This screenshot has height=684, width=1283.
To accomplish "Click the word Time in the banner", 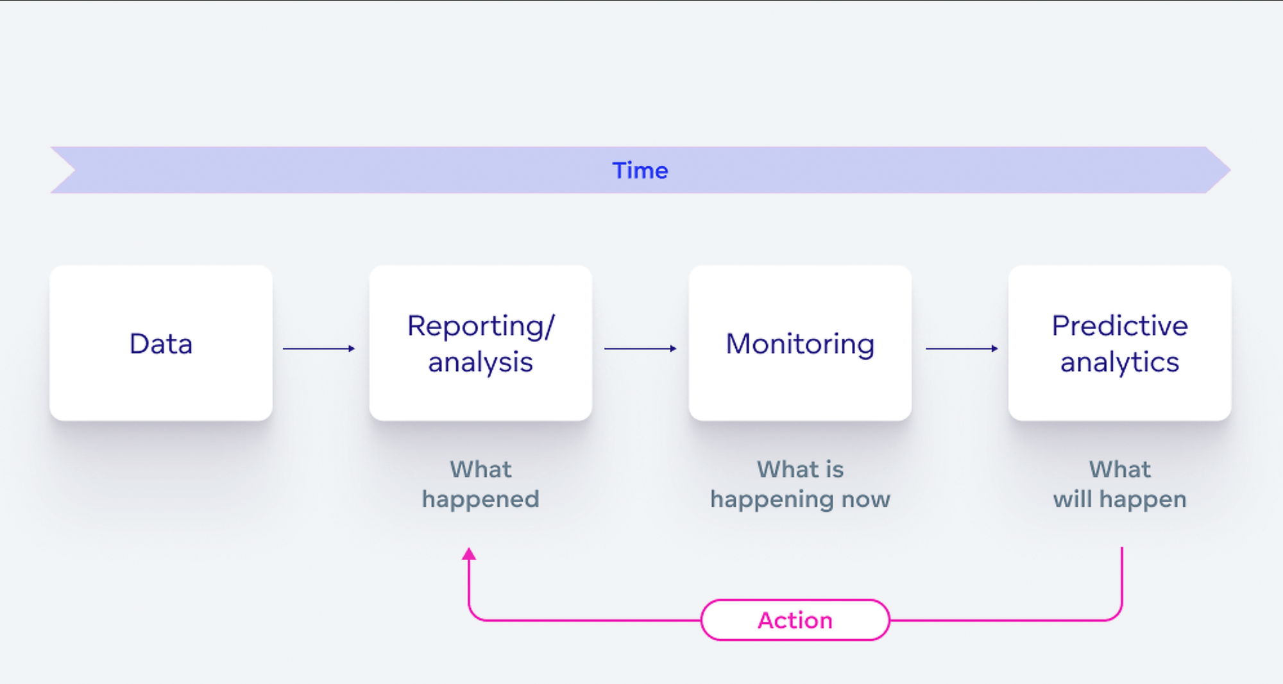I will coord(640,171).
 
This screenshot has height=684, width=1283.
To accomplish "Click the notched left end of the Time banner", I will coord(64,170).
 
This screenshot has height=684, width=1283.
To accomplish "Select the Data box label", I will coord(161,344).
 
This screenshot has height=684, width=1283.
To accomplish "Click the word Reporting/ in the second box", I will coord(480,326).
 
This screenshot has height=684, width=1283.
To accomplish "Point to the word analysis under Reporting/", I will coord(480,363).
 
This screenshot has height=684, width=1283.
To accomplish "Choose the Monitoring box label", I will coord(800,344).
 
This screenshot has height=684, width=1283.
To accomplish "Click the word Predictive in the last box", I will coord(1119,326).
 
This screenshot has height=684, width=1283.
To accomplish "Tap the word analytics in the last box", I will coord(1119,363).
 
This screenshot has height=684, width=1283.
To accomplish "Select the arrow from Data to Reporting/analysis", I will coord(319,348).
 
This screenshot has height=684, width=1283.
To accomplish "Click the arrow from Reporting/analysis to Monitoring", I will coord(640,348).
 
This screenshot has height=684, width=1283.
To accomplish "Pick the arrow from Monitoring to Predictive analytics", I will coord(962,348).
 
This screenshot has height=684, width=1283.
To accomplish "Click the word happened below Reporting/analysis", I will coord(480,499).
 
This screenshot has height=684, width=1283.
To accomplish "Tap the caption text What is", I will coord(800,470).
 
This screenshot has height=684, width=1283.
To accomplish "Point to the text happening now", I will coord(800,499).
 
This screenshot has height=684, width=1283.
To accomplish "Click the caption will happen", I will coord(1119,499).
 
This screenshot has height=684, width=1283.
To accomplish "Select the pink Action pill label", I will coord(795,620).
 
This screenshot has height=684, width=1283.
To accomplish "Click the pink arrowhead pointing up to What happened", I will coord(469,554).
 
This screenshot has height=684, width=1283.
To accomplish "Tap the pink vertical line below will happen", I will coord(1121,577).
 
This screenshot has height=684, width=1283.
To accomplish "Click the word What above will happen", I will coord(1119,470).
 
